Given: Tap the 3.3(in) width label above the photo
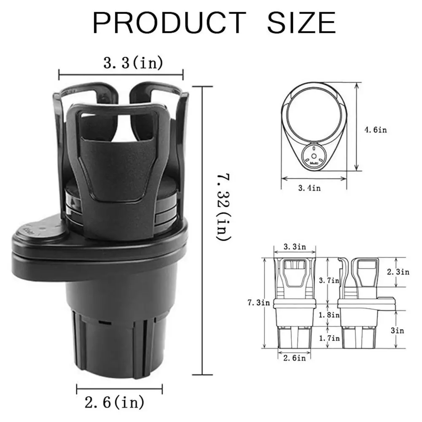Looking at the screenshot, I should coord(133,63).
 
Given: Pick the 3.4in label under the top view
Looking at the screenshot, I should coord(309,188).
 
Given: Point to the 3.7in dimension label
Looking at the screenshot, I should coord(329,281).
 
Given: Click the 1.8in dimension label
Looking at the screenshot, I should coord(329,314).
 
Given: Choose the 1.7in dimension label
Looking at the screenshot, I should coord(329,338).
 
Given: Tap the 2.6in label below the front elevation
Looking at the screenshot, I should coord(294,358).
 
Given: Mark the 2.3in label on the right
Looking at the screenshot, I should coord(398,272).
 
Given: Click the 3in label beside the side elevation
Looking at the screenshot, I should coord(397,331).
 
